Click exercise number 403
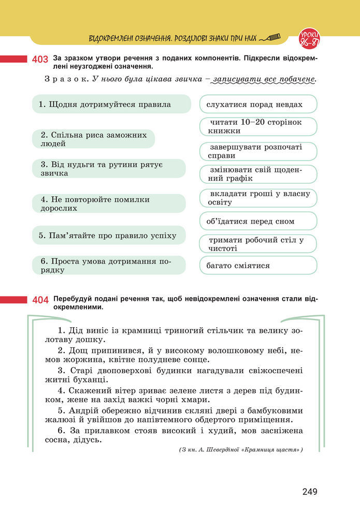(x=40, y=60)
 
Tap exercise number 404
(x=40, y=300)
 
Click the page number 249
(x=310, y=492)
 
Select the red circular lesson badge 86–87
(x=309, y=37)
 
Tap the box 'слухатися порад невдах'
(x=258, y=105)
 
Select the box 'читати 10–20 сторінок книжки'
(x=258, y=127)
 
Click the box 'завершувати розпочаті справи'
(x=258, y=151)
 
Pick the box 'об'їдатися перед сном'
(x=258, y=221)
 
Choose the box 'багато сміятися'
(x=258, y=266)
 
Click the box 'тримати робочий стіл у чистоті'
(x=258, y=244)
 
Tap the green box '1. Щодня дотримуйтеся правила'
(x=108, y=105)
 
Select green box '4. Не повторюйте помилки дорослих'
(x=108, y=203)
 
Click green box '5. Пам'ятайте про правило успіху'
(x=108, y=236)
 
